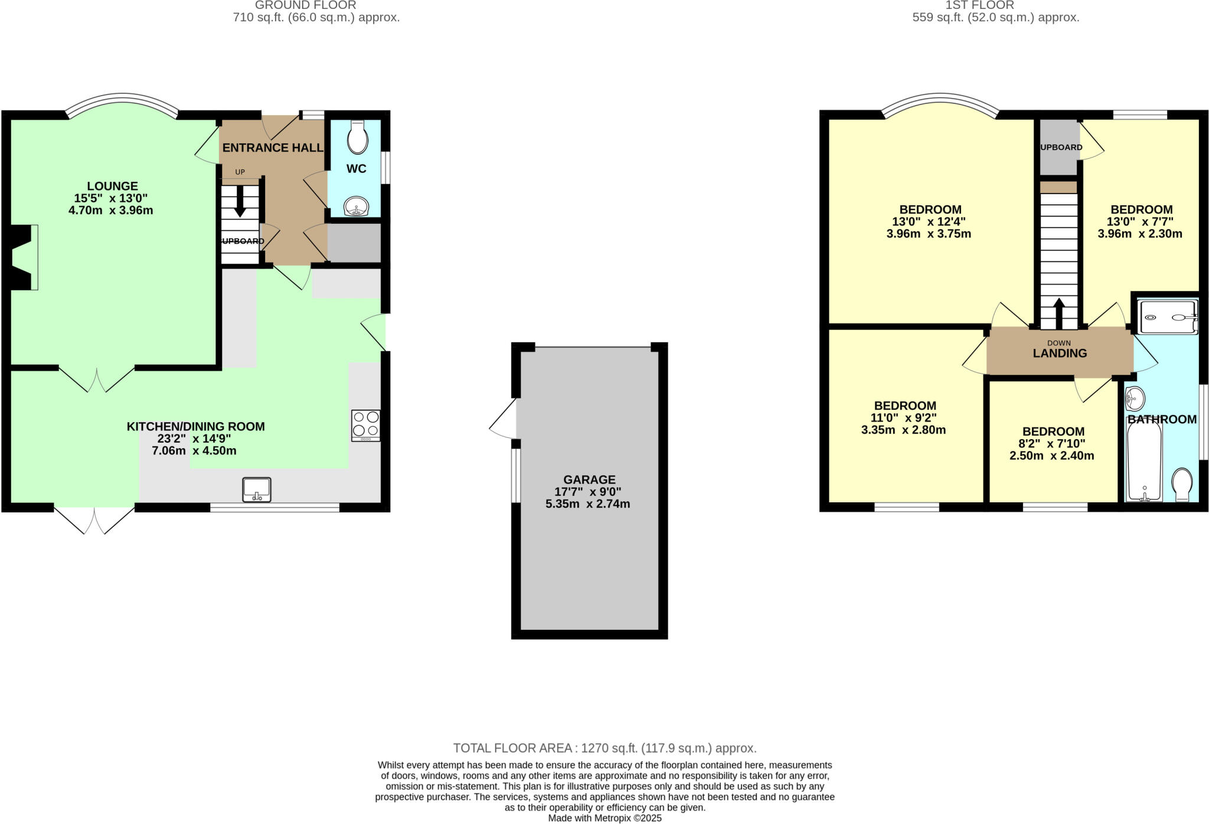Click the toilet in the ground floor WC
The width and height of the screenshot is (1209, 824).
tap(358, 138)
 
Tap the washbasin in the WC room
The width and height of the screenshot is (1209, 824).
tap(356, 207)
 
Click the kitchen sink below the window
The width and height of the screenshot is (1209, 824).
tap(257, 489)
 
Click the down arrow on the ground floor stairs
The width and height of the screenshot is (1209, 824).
tap(240, 202)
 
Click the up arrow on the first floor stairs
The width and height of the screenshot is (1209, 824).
tap(1059, 313)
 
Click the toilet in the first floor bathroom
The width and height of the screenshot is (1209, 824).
tap(1182, 484)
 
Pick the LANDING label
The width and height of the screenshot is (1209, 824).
tap(1060, 354)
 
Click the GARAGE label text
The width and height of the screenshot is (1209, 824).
tap(589, 480)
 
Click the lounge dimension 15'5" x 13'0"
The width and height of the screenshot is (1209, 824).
tap(111, 198)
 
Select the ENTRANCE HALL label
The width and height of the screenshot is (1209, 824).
tap(272, 148)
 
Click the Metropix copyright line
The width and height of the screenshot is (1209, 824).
tap(604, 818)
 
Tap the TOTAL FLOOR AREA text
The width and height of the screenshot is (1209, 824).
tap(604, 748)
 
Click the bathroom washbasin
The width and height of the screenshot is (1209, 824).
tap(1134, 398)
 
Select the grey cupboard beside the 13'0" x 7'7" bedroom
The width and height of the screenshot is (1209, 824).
tap(1059, 148)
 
